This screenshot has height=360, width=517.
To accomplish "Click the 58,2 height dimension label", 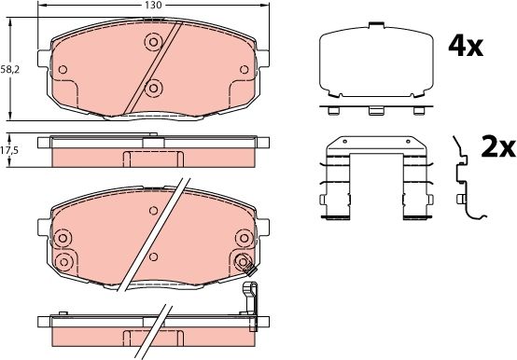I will pyautogui.click(x=9, y=69).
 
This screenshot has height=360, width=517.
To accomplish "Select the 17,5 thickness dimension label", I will pyautogui.click(x=9, y=149).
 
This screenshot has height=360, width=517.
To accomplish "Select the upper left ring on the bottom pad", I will pyautogui.click(x=63, y=238).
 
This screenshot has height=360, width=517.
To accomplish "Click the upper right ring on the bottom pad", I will pyautogui.click(x=244, y=260).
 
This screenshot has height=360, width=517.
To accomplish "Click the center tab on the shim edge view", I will pyautogui.click(x=376, y=109).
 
